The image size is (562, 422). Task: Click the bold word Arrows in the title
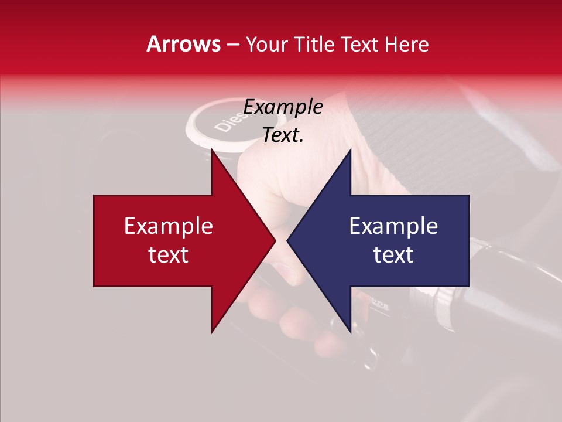[x=184, y=44]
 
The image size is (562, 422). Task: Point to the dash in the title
[x=232, y=45]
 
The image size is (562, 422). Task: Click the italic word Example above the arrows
[x=283, y=107]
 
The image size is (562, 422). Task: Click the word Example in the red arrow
[x=169, y=226]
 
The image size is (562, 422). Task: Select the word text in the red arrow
[x=169, y=255]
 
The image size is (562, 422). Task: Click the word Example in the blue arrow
[x=393, y=226]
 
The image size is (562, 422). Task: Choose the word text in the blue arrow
[x=393, y=255]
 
